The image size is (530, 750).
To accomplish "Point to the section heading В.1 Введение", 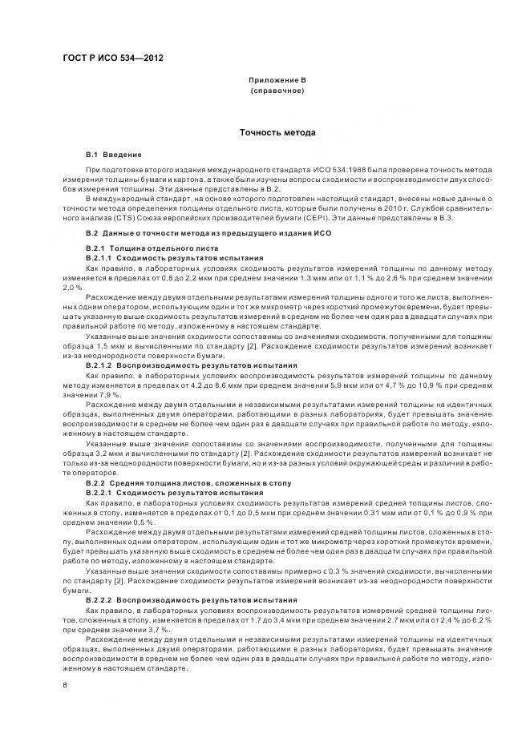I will coord(114,154).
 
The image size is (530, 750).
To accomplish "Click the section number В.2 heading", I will coord(91,232).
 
